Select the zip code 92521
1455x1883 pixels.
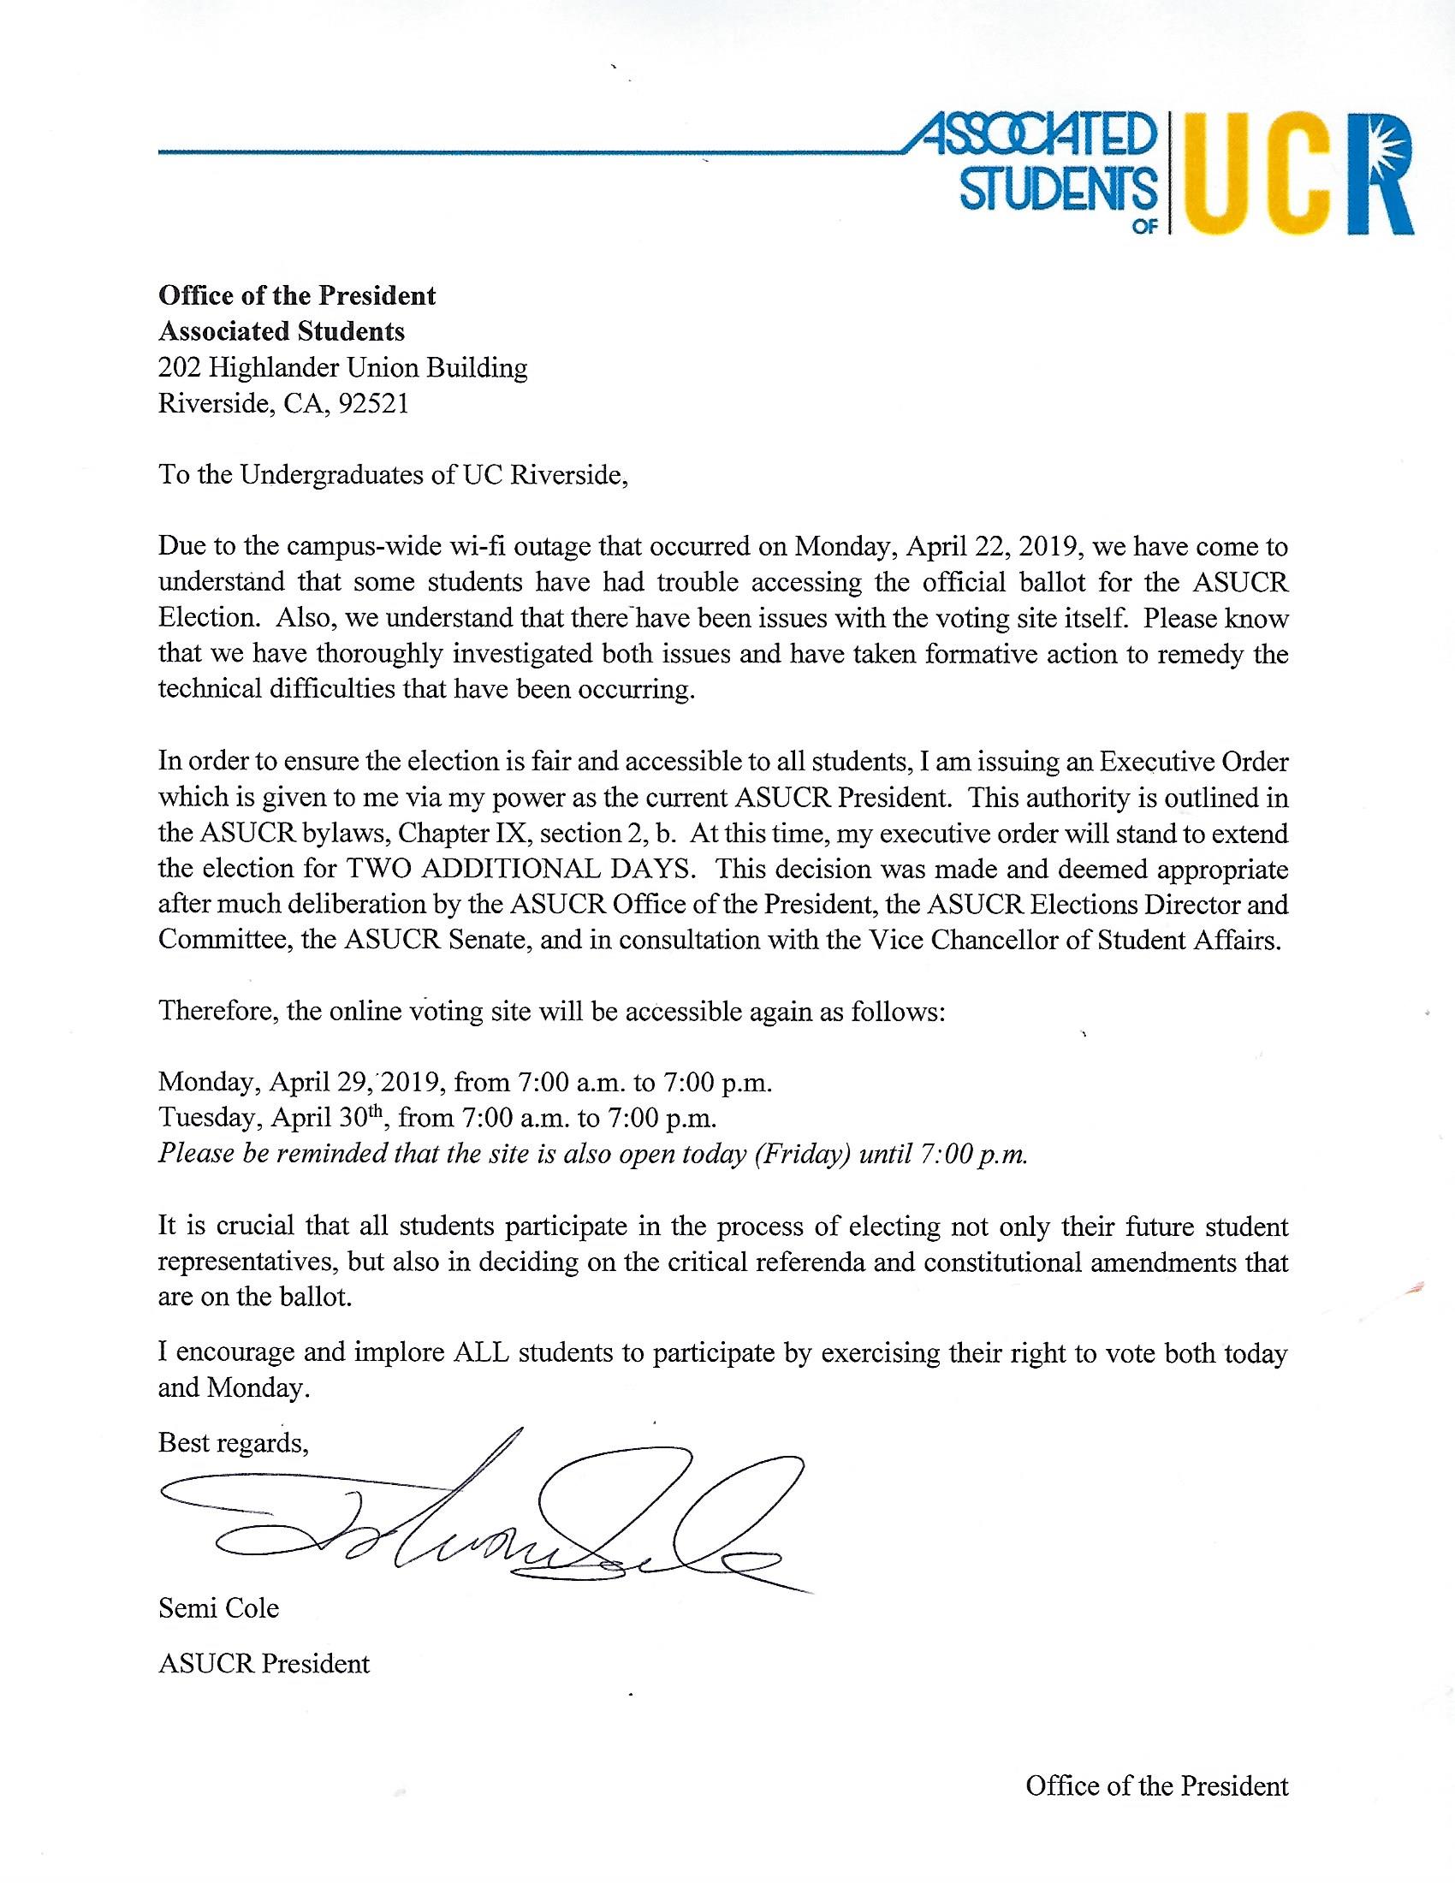[373, 404]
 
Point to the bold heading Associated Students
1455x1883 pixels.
[281, 332]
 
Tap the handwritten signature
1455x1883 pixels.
[483, 1518]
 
